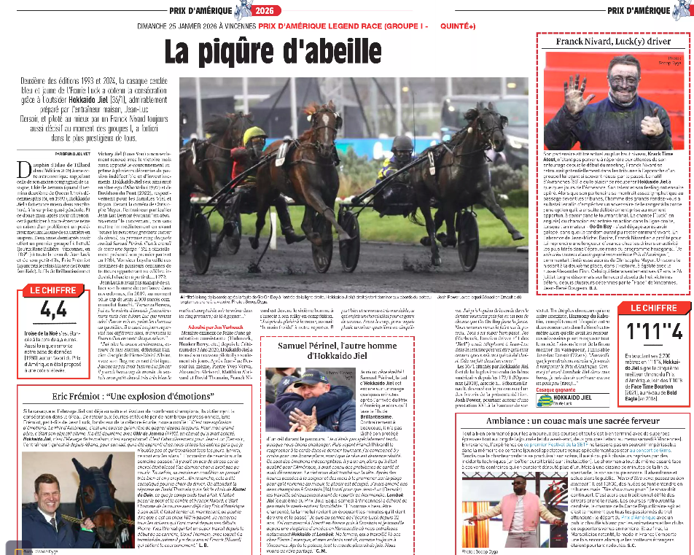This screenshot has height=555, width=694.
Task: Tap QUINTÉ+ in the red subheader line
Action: (x=458, y=27)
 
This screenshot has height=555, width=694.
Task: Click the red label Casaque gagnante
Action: (x=555, y=390)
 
